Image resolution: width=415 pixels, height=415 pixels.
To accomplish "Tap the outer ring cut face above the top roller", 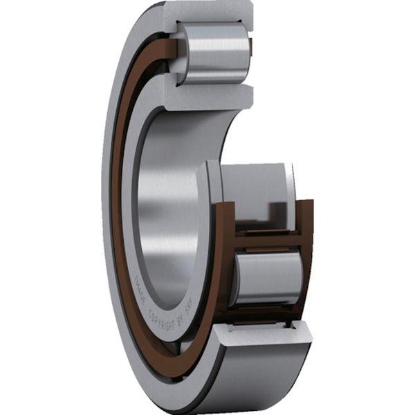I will tap(207, 10).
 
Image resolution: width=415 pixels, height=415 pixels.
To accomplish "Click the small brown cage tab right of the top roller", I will tap(250, 47).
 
